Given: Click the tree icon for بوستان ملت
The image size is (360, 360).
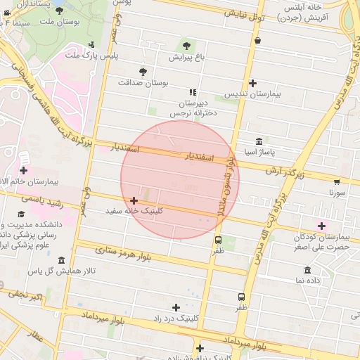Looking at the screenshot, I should tap(58, 11).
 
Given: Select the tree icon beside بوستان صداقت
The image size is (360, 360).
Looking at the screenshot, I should tap(143, 72).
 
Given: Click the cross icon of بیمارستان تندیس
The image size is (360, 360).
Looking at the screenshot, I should tap(252, 83).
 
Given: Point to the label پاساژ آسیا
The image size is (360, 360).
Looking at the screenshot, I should tap(260, 151).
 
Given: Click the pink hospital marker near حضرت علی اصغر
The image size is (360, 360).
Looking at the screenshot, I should tap(322, 226).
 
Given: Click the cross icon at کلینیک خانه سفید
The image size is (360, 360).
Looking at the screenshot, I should tap(134, 201).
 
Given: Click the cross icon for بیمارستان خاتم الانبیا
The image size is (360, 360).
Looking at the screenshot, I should tap(24, 170).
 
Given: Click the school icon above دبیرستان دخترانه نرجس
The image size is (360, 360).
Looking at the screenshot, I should tap(192, 92).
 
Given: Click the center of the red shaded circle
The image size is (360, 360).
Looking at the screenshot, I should tap(180, 179).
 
